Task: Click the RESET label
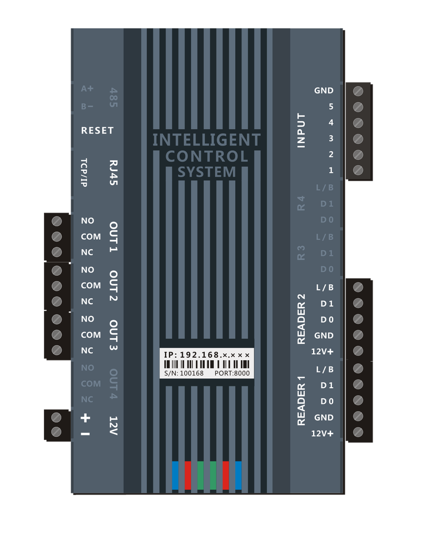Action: point(97,131)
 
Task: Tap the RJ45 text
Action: point(114,174)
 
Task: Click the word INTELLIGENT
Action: point(206,140)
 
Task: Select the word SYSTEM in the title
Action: point(207,172)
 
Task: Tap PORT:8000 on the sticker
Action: point(232,373)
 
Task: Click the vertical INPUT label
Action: point(301,130)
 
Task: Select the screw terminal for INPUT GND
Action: point(359,90)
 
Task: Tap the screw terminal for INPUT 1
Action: point(359,170)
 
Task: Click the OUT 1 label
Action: point(113,236)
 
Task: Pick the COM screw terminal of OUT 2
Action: point(56,286)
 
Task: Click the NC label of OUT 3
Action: point(87,351)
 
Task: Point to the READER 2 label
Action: point(301,319)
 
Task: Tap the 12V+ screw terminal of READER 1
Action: point(358,432)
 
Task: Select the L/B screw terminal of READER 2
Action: point(358,287)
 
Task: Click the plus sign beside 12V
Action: point(86,418)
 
